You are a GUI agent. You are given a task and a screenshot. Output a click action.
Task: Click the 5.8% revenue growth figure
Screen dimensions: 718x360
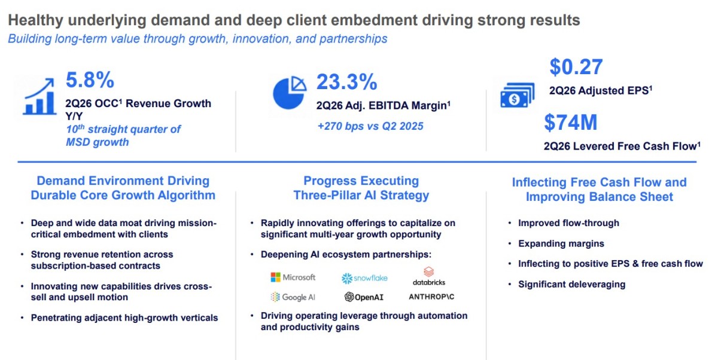tap(90, 80)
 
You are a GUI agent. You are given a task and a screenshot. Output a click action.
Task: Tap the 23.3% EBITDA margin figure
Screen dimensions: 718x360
tap(347, 82)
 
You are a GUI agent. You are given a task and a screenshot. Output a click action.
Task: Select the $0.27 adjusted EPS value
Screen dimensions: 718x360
tap(576, 67)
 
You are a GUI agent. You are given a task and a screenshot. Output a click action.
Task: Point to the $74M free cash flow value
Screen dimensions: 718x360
tap(571, 123)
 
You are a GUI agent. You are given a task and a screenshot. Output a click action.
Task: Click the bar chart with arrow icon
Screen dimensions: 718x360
tap(39, 96)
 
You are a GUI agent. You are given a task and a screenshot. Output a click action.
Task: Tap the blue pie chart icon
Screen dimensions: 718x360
tap(289, 93)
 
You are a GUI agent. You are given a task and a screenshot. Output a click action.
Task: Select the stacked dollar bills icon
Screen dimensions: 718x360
tap(518, 95)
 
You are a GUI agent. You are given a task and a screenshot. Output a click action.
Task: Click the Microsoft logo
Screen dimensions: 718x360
tap(293, 277)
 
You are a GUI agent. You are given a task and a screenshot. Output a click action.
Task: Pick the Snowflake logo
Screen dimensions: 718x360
tap(364, 278)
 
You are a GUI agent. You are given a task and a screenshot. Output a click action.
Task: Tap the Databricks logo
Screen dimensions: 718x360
tap(429, 276)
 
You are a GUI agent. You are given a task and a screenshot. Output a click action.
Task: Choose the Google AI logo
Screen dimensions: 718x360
tap(293, 297)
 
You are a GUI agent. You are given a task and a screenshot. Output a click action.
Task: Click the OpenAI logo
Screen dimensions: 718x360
tap(364, 297)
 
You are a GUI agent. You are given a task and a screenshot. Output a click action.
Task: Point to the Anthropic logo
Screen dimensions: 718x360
tap(431, 297)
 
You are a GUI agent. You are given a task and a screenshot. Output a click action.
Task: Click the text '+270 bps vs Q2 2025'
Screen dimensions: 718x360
tap(370, 126)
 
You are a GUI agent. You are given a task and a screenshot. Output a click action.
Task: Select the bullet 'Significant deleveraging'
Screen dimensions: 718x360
tap(571, 285)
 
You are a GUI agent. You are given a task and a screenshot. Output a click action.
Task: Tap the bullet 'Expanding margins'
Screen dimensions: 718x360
tap(561, 244)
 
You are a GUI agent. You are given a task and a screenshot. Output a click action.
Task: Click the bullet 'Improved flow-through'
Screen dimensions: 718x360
tap(568, 223)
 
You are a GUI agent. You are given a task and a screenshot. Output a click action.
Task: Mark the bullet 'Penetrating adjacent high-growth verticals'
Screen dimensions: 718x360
tap(124, 318)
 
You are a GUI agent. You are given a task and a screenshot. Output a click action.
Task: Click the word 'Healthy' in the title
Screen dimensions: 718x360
tap(35, 20)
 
